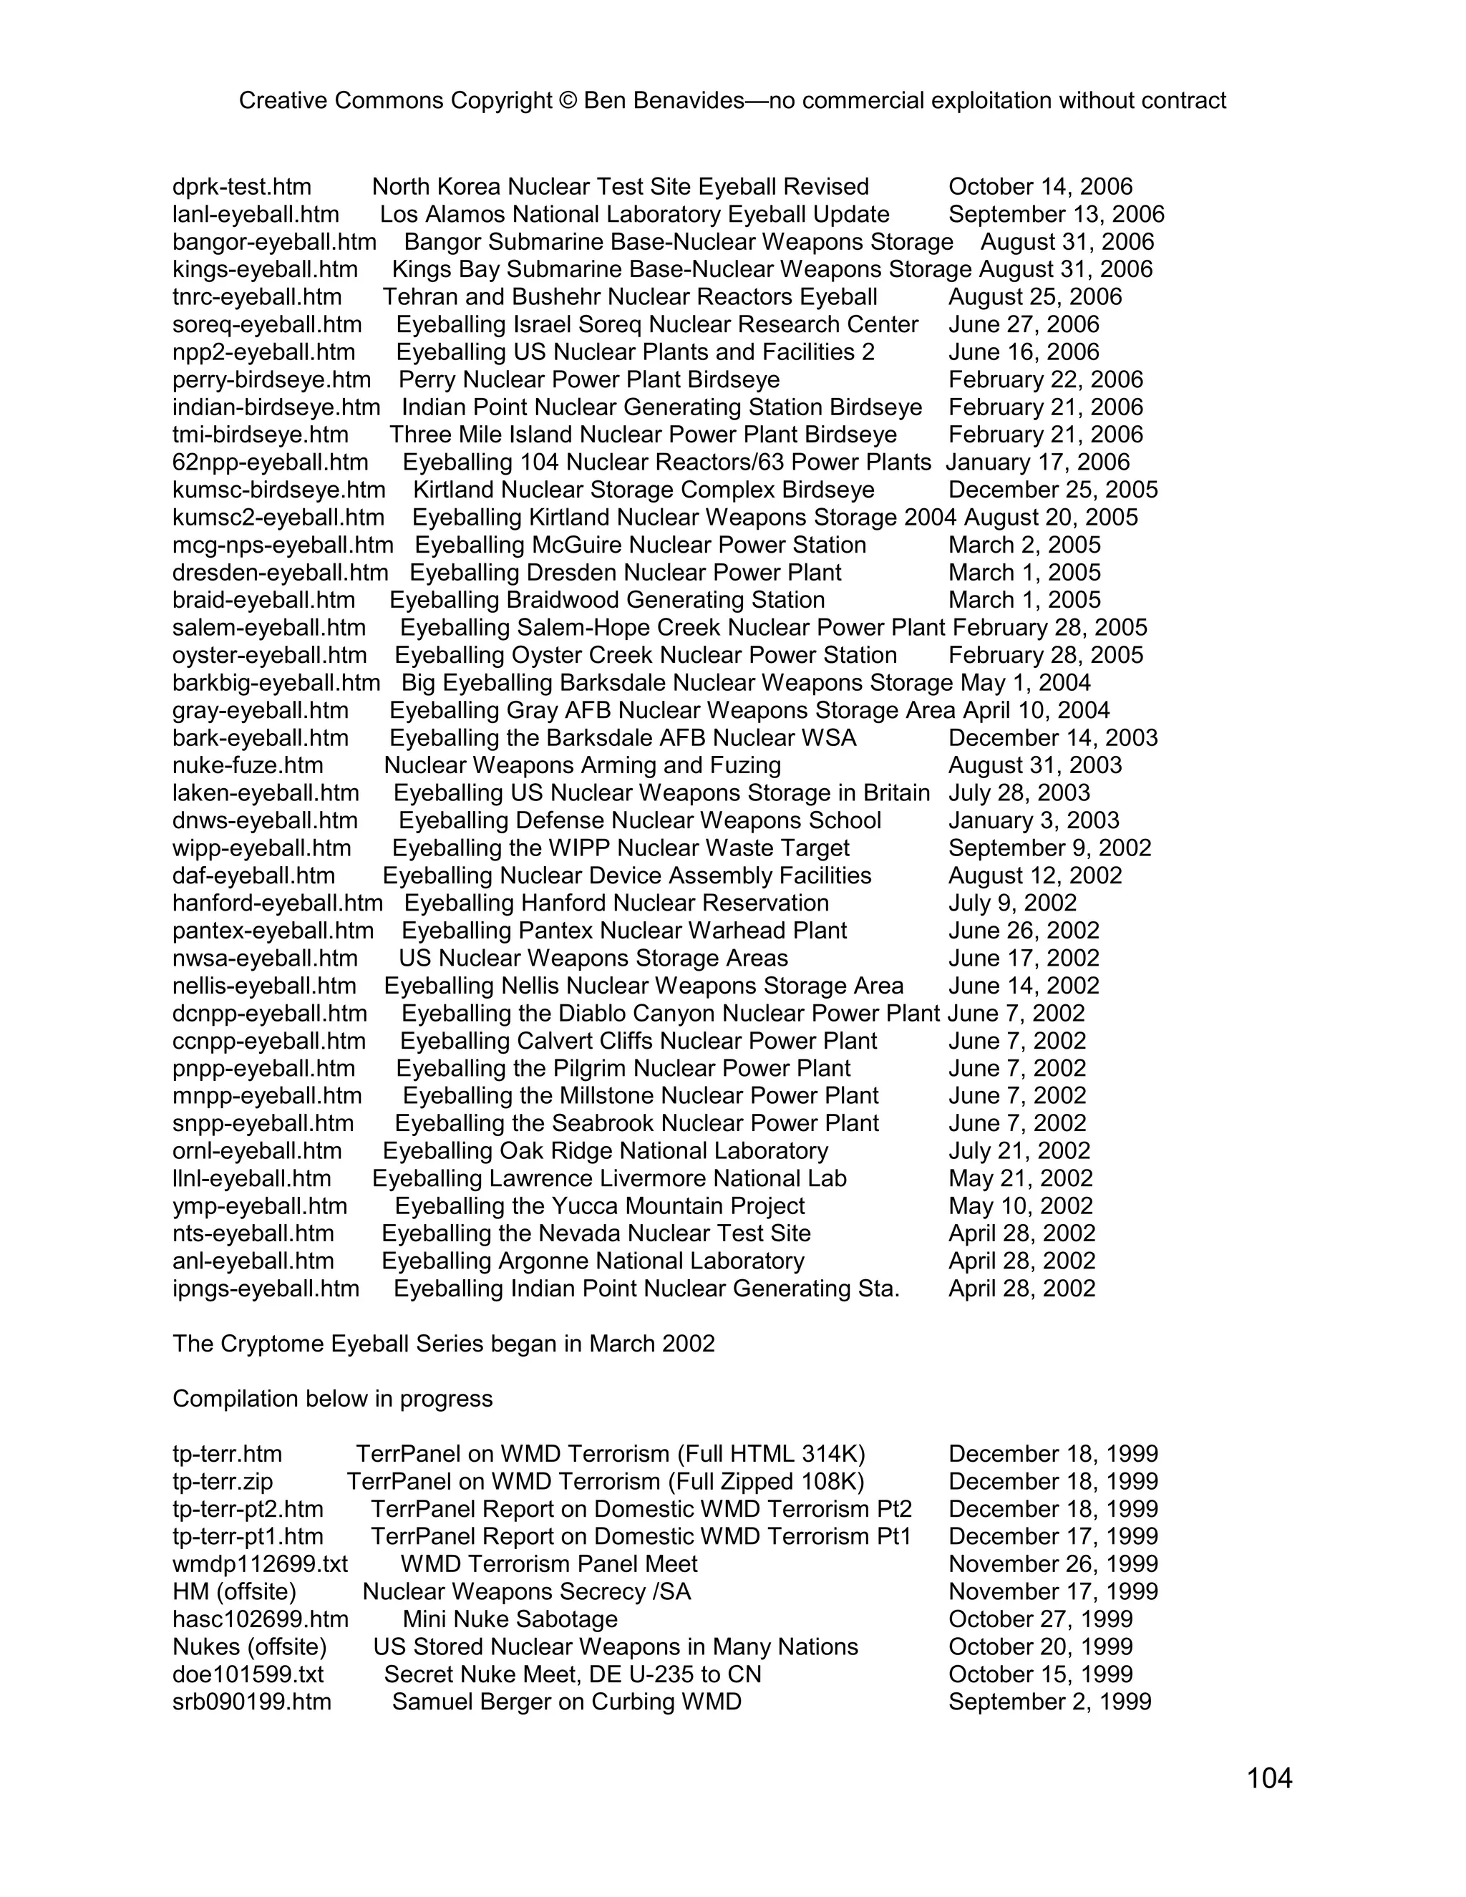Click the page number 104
[1269, 1778]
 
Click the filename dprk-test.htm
[241, 187]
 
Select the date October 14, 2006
[1039, 187]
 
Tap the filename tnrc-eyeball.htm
[257, 297]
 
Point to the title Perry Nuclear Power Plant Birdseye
[589, 379]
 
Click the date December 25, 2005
[1052, 490]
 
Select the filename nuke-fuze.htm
[248, 765]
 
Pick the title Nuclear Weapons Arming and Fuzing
[582, 765]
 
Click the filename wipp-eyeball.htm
[261, 848]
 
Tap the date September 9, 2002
[1049, 848]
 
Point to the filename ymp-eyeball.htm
[260, 1205]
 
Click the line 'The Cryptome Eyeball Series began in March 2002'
[443, 1344]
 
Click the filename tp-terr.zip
[223, 1481]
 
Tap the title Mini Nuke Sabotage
[510, 1619]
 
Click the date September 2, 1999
[1049, 1702]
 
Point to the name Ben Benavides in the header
[664, 101]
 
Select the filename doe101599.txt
[248, 1674]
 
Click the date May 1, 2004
[1025, 683]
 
